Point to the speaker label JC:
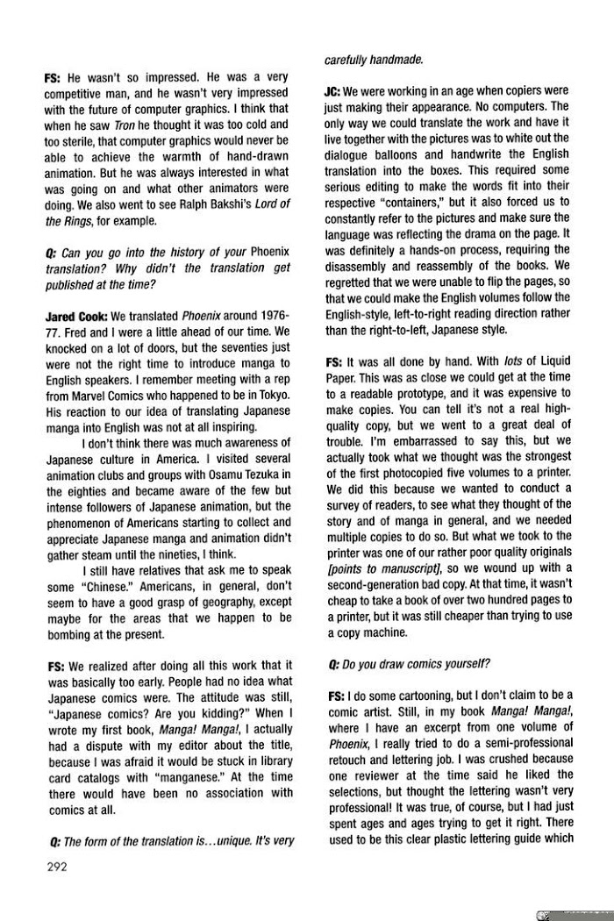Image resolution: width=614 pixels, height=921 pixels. click(332, 90)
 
